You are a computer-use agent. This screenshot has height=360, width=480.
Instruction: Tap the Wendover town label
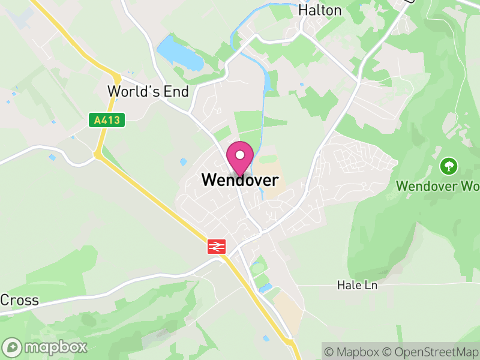[x=240, y=180]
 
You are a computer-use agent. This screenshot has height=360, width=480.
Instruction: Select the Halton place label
[x=320, y=10]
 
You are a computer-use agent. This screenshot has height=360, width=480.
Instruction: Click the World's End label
[x=148, y=92]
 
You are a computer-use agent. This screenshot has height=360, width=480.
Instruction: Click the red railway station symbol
[x=216, y=246]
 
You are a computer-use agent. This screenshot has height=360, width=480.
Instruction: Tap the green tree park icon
[x=448, y=165]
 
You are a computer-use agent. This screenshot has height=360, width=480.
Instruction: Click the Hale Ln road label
[x=357, y=286]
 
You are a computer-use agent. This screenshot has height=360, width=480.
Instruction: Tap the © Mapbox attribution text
[x=353, y=352]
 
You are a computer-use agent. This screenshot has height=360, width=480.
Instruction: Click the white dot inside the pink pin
[x=240, y=155]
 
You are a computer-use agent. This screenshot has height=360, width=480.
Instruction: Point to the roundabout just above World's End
[x=118, y=78]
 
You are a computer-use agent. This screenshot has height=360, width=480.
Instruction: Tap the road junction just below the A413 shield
[x=97, y=155]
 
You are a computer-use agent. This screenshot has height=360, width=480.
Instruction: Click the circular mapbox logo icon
[x=13, y=347]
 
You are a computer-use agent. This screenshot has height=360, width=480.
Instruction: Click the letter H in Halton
[x=304, y=10]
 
